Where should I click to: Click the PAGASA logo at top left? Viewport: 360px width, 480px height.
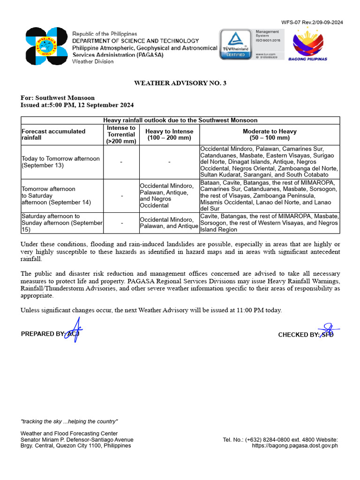coord(46,46)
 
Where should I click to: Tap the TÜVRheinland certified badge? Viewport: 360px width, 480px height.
coord(236,45)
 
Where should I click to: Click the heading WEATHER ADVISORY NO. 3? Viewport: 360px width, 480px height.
coord(180,83)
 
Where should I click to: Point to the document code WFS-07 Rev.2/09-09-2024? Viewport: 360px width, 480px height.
coord(312,22)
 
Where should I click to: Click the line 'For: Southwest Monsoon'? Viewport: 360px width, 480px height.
coord(58,98)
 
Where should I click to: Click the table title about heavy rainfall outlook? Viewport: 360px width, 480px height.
coord(180,120)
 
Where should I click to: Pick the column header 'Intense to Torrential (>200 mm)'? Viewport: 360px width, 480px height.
coord(121,135)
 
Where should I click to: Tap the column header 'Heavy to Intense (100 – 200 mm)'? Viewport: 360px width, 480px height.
coord(169,135)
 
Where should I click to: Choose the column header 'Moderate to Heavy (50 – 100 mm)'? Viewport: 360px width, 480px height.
coord(270,135)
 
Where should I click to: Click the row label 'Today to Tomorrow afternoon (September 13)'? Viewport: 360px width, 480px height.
coord(61,162)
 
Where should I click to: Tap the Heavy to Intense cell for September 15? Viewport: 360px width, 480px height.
coord(169,223)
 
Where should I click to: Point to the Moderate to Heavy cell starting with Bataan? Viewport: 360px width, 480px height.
coord(269,195)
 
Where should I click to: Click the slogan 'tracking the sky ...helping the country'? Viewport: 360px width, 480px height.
coord(69,421)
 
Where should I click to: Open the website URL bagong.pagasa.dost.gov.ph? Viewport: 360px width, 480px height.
coord(294,446)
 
